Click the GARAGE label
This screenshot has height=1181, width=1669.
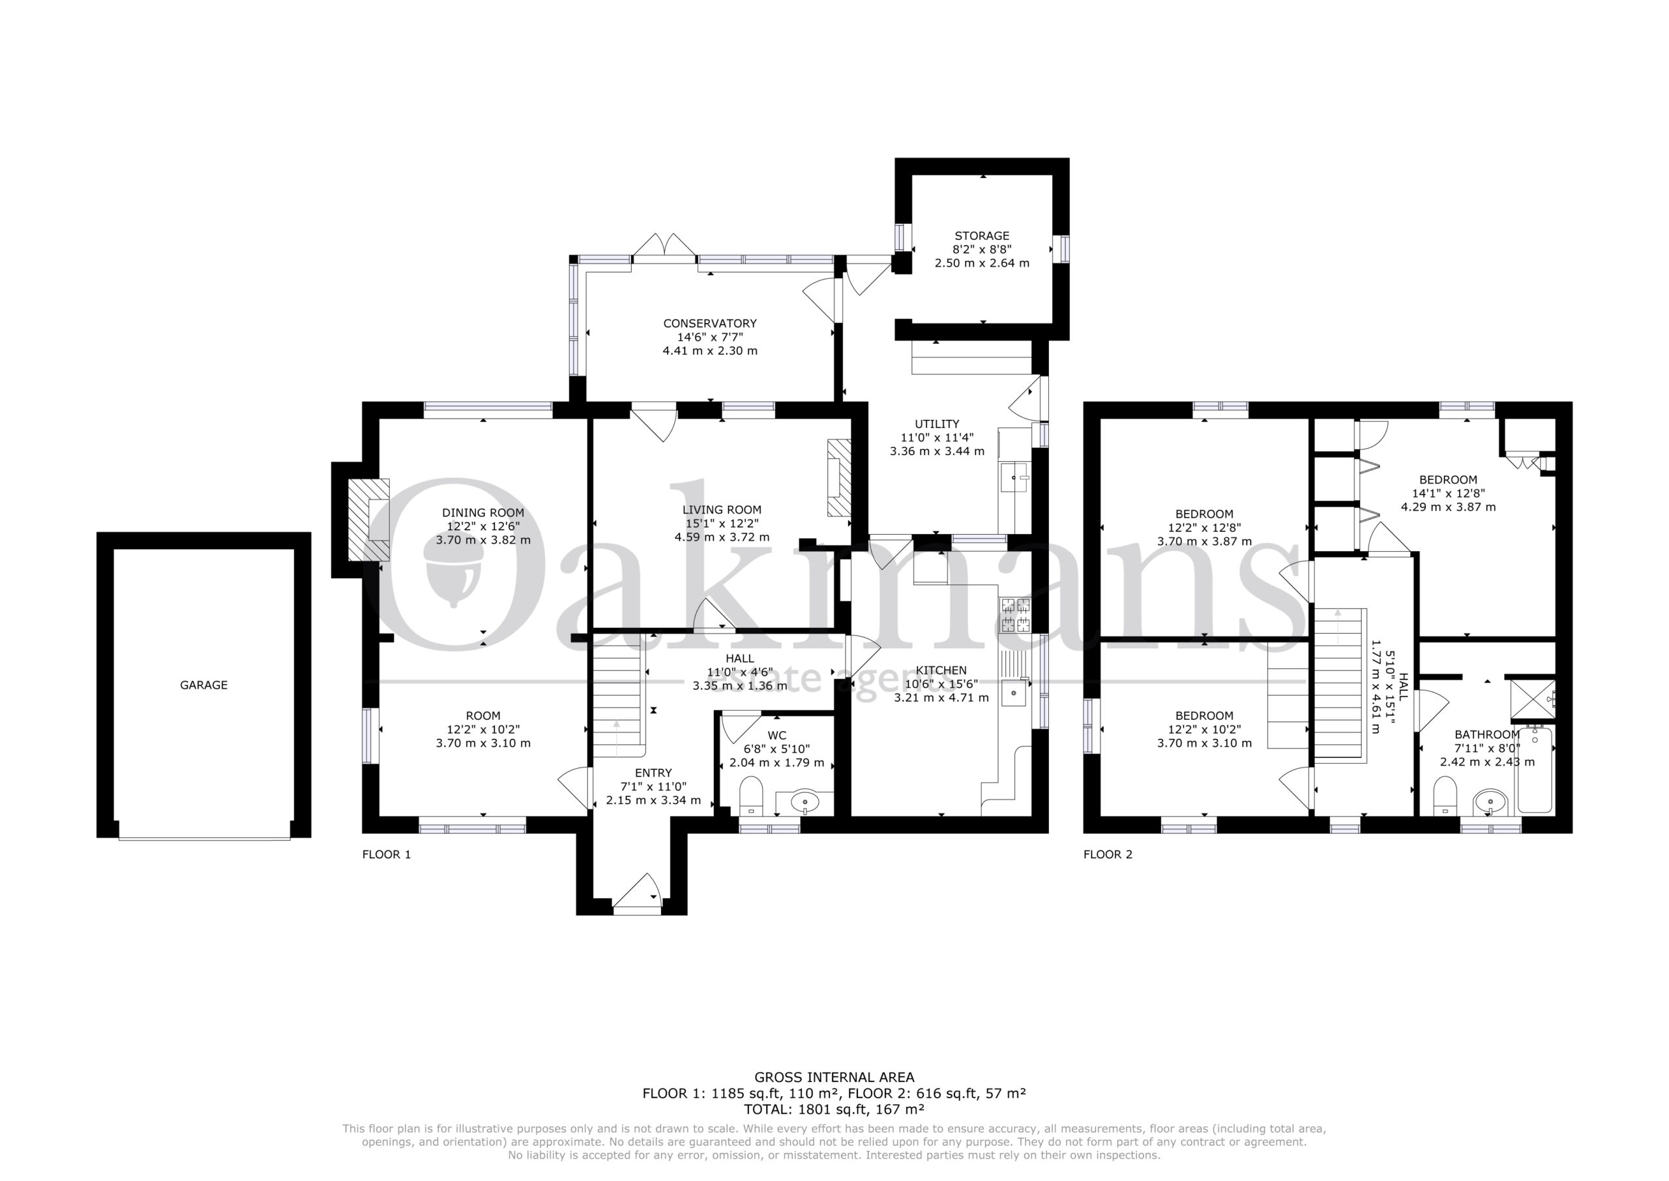click(203, 685)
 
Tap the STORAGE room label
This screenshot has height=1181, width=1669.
click(981, 235)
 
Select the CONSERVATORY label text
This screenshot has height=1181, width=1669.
click(709, 323)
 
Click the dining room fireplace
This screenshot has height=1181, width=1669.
click(368, 519)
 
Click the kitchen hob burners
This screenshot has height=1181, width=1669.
click(1016, 614)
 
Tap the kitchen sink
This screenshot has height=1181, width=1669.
click(1015, 693)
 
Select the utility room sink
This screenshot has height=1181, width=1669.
click(1016, 477)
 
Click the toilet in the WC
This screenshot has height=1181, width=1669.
click(750, 796)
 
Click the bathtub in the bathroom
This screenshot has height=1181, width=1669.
click(1534, 770)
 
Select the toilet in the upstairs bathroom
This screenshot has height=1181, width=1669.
click(1444, 796)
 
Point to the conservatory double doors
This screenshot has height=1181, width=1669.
click(664, 245)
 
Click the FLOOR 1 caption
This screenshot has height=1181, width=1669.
click(387, 854)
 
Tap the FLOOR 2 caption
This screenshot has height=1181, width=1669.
click(1108, 854)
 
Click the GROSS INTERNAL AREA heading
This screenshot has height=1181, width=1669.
click(834, 1078)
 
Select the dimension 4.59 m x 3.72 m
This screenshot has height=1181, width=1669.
click(722, 537)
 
